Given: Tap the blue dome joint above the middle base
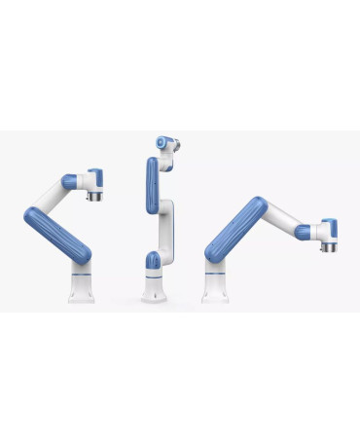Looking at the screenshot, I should (x=154, y=261).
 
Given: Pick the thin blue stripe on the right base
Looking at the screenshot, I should (x=215, y=277).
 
